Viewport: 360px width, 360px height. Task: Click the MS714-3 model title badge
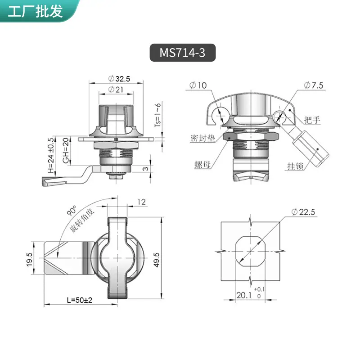point(183,53)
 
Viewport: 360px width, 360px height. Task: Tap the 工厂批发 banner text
point(35,11)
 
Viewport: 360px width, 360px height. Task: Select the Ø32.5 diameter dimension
point(119,79)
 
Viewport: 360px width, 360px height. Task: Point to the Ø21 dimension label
point(116,89)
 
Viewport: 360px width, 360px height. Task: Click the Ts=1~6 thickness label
point(157,115)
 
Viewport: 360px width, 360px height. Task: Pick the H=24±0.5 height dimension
point(51,155)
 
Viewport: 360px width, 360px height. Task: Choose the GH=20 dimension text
point(66,150)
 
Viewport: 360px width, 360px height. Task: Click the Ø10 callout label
point(198,85)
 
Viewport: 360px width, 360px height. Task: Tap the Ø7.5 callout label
point(313,85)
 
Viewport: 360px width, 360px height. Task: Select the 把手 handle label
point(312,120)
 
